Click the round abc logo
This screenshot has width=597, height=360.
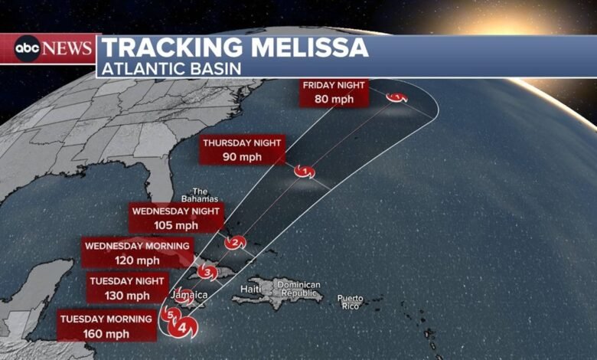pyautogui.click(x=27, y=49)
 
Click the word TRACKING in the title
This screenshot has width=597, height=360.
pyautogui.click(x=161, y=47)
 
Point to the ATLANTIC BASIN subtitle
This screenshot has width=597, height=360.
pyautogui.click(x=169, y=68)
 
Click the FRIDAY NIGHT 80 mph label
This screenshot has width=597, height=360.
pyautogui.click(x=334, y=91)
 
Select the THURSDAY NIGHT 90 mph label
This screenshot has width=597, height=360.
pyautogui.click(x=243, y=149)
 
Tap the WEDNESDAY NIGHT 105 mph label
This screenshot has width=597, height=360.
pyautogui.click(x=176, y=218)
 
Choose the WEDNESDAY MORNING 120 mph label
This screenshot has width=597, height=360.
pyautogui.click(x=137, y=254)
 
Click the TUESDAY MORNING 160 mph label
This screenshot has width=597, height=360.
pyautogui.click(x=106, y=326)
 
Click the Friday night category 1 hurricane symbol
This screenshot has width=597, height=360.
pyautogui.click(x=396, y=97)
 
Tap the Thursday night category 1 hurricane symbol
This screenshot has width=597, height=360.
pyautogui.click(x=305, y=171)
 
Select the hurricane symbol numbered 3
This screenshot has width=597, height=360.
pyautogui.click(x=207, y=271)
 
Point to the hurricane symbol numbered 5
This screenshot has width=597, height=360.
pyautogui.click(x=170, y=313)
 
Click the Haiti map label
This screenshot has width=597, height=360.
pyautogui.click(x=250, y=289)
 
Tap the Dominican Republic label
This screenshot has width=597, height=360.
pyautogui.click(x=299, y=289)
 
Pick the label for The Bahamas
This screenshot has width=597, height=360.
pyautogui.click(x=200, y=195)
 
